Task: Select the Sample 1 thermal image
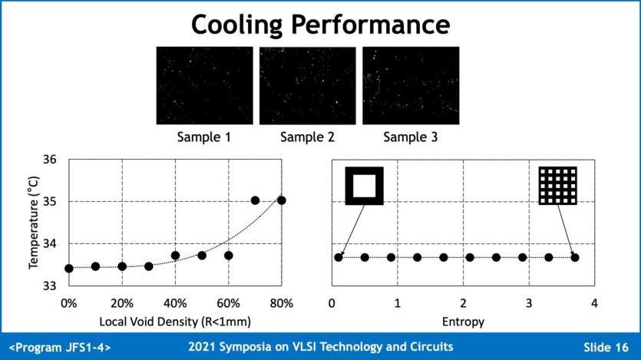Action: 204,85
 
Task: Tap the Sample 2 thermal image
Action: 307,85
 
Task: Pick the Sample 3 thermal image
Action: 411,85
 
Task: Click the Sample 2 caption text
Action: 307,137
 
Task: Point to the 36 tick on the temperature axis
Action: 49,160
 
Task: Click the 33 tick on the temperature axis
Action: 49,286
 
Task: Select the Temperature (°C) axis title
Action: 34,223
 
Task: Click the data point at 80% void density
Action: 282,200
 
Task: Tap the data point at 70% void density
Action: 256,200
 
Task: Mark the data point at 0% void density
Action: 69,268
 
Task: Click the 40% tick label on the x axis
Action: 175,302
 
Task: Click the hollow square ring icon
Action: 364,185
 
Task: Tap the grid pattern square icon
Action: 557,185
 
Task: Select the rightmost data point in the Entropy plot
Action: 575,257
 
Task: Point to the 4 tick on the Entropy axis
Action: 594,302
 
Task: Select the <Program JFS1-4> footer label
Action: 60,347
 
